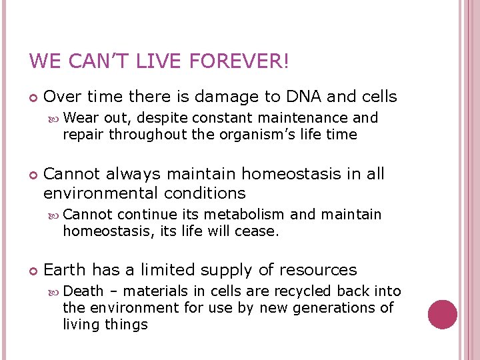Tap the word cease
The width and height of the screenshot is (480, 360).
[x=257, y=231]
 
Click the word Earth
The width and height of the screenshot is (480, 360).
[x=65, y=270]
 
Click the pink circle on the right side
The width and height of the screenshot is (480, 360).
[x=443, y=314]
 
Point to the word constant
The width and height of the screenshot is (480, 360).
[x=221, y=118]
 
